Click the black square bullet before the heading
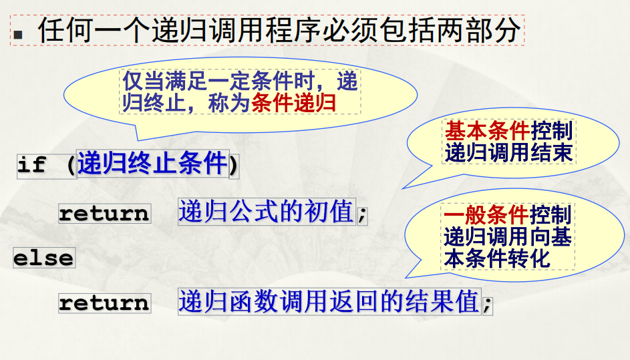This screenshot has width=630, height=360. (x=17, y=34)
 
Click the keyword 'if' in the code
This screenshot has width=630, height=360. (x=31, y=164)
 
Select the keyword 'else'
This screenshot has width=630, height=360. (x=44, y=258)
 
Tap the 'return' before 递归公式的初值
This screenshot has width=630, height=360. (x=104, y=213)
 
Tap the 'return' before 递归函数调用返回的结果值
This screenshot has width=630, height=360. (x=104, y=303)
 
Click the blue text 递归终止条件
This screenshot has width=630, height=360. (x=153, y=164)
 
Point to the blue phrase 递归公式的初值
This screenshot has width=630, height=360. (x=267, y=211)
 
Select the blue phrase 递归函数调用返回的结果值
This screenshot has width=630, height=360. (x=329, y=301)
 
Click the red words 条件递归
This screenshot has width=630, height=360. (x=294, y=103)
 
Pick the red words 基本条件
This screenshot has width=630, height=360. (x=487, y=131)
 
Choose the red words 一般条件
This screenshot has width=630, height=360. (x=486, y=215)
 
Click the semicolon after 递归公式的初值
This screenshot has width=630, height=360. (x=362, y=214)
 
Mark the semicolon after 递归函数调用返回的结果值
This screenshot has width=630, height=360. (x=488, y=304)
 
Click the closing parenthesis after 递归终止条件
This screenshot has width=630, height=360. (x=234, y=164)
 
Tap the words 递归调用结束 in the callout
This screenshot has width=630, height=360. (x=508, y=153)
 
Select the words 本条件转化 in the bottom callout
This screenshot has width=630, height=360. (x=497, y=258)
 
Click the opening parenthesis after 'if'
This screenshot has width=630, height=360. (x=71, y=164)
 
